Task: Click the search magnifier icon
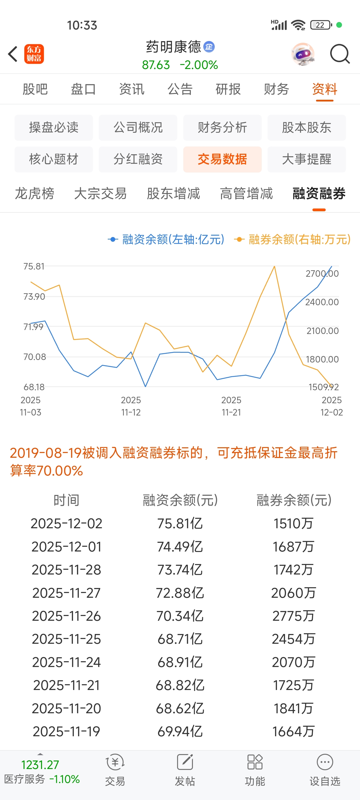339,54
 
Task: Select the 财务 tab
276,89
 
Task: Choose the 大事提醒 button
306,159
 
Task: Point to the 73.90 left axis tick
34,296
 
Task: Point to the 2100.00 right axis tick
322,331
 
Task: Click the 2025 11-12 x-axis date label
131,406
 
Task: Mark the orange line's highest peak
274,266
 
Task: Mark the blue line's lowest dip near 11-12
145,386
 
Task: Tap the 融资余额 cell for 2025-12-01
180,546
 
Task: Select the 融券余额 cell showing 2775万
293,616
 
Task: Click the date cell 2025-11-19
66,731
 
